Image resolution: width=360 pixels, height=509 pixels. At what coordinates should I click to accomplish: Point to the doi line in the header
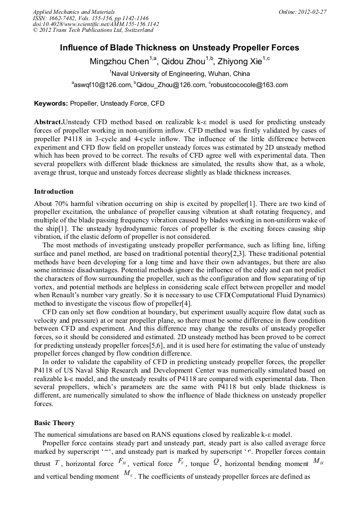(x=96, y=24)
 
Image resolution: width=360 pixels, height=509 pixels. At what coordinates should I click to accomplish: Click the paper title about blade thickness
(x=179, y=48)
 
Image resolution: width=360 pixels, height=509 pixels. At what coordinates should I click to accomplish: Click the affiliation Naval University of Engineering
(x=181, y=73)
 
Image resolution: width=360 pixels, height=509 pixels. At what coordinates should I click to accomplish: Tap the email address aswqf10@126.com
(x=102, y=85)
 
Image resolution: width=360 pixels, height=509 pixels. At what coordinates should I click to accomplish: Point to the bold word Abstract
(x=48, y=122)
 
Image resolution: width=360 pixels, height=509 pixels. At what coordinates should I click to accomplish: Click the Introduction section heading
(x=54, y=192)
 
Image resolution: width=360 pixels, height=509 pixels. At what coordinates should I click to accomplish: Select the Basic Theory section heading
(x=54, y=423)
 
